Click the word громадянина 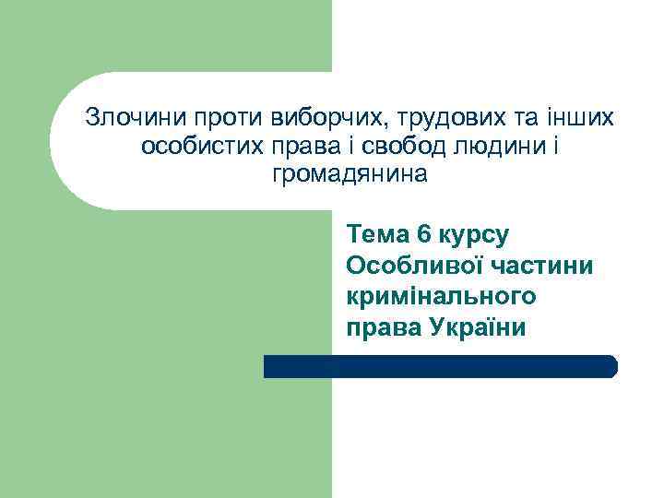click(x=350, y=173)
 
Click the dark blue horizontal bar click(x=440, y=366)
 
